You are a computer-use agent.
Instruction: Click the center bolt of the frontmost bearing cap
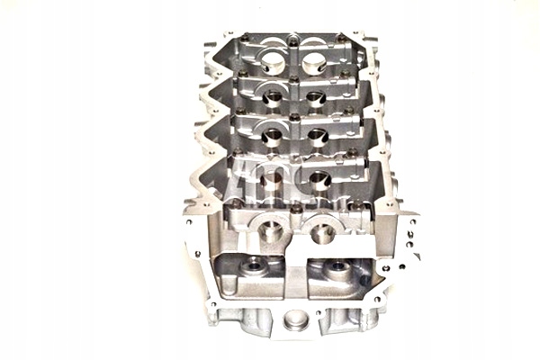(x=295, y=209)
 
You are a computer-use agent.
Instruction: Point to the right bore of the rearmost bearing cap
(x=314, y=64)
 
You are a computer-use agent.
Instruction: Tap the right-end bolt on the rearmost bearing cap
(x=339, y=38)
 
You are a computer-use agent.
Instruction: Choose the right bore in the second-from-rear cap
(x=316, y=98)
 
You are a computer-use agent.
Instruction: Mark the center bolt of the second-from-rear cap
(x=295, y=78)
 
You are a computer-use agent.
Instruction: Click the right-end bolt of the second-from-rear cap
(x=345, y=75)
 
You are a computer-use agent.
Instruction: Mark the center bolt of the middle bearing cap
(x=295, y=116)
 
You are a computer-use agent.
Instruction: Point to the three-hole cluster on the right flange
(x=408, y=238)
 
